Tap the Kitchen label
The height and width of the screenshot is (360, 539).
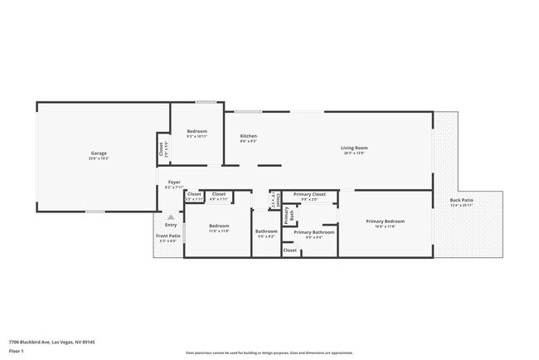248,136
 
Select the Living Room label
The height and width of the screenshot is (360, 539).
353,148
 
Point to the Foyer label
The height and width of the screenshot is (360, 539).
174,182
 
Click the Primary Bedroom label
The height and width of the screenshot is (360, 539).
385,221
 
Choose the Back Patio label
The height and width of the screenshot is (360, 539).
462,200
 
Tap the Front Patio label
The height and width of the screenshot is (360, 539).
168,236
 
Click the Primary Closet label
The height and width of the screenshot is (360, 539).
309,194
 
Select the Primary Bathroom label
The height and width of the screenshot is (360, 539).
314,232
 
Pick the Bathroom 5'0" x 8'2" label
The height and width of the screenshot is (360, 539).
266,231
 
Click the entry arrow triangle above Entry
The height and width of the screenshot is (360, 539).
171,217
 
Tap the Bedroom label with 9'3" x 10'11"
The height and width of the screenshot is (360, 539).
197,132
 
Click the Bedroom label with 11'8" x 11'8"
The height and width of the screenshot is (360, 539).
219,226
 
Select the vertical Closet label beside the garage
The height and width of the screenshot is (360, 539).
161,149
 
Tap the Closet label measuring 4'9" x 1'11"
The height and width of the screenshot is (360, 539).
219,194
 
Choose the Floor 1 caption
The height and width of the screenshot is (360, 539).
17,351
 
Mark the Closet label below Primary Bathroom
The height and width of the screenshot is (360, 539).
290,250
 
